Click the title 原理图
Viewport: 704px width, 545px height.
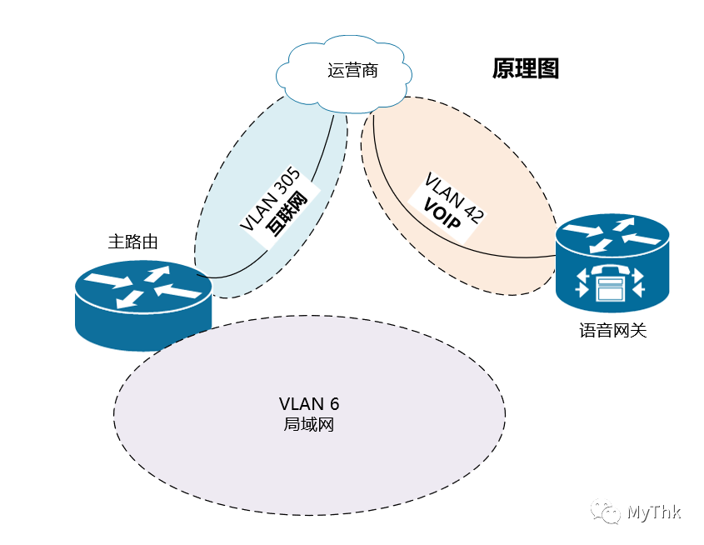coord(525,68)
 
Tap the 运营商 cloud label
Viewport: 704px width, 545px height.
coord(353,71)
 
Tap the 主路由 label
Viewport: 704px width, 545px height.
coord(133,242)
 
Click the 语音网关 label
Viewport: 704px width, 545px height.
coord(613,331)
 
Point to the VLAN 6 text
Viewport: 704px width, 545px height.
coord(309,404)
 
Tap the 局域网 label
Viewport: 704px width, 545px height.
coord(309,424)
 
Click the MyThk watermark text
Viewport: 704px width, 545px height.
coord(654,512)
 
